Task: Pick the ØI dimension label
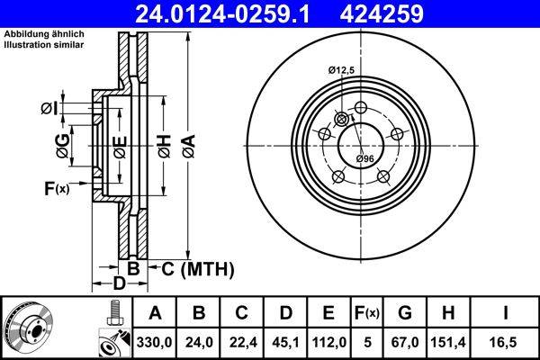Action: (x=49, y=109)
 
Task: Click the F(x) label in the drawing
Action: (x=56, y=188)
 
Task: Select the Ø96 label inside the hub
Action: (x=364, y=158)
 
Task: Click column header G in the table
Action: (x=404, y=313)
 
